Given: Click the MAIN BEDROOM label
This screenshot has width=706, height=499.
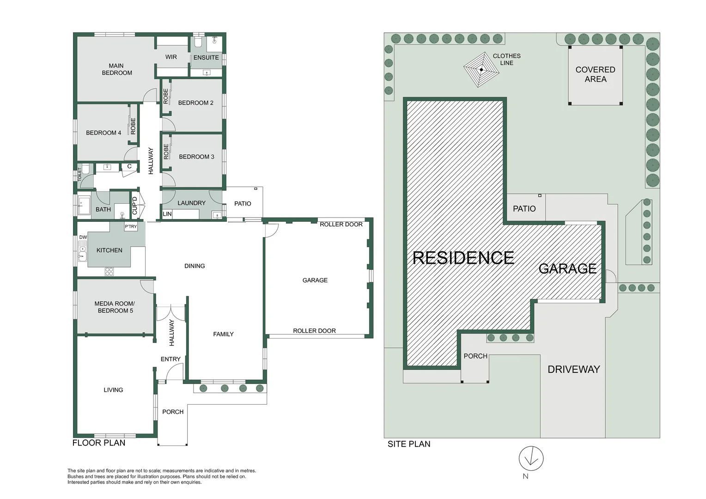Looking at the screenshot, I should click(116, 69).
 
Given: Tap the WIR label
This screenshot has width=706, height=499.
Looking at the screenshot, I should click(171, 57).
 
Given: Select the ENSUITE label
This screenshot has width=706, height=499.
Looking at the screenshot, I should click(206, 58).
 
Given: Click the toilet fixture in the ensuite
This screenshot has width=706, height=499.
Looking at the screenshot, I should click(198, 42).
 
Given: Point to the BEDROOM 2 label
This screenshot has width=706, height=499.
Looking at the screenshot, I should click(195, 103).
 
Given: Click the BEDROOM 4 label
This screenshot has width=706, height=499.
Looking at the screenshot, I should click(103, 133).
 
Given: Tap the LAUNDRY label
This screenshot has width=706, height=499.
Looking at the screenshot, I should click(191, 203).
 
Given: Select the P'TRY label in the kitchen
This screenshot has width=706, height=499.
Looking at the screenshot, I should click(131, 226).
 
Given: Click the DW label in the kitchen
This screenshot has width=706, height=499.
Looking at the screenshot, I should click(83, 237).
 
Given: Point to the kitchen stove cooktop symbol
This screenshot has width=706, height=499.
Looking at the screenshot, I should click(109, 272).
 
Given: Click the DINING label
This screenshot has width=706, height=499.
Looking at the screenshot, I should click(195, 266).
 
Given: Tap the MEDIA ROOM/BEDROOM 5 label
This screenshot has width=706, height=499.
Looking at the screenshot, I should click(115, 307).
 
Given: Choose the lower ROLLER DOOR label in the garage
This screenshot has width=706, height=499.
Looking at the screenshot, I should click(314, 331).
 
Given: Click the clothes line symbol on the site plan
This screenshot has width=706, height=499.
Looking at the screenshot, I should click(481, 70).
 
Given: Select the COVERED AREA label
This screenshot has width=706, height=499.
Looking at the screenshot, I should click(595, 74).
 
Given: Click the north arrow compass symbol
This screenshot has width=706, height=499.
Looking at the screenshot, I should click(531, 458).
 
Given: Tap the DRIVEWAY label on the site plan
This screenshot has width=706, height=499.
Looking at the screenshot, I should click(573, 369).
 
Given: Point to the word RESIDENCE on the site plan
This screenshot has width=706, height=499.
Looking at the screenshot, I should click(463, 258).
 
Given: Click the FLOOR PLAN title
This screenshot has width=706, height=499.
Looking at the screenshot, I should click(99, 443).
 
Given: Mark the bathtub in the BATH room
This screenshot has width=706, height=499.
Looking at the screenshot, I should click(84, 206).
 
